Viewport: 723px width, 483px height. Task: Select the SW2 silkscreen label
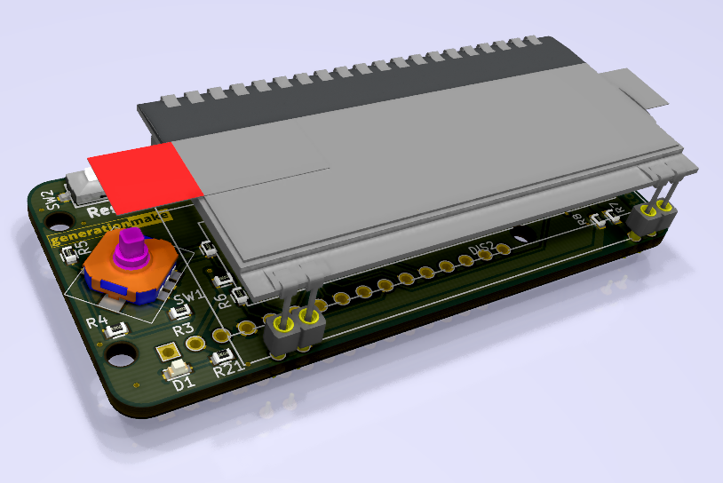pyautogui.click(x=54, y=200)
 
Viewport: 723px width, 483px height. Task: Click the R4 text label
pyautogui.click(x=98, y=322)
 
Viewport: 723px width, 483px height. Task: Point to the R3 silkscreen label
pyautogui.click(x=183, y=329)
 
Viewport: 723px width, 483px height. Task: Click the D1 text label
pyautogui.click(x=183, y=384)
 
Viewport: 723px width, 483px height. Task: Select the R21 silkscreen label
pyautogui.click(x=228, y=370)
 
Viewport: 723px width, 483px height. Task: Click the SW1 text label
pyautogui.click(x=188, y=298)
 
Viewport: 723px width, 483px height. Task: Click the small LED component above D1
pyautogui.click(x=179, y=368)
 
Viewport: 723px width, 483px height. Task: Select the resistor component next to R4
pyautogui.click(x=116, y=331)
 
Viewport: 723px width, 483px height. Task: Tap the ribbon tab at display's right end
pyautogui.click(x=641, y=89)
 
